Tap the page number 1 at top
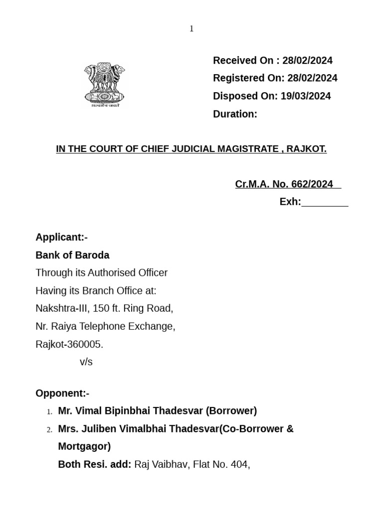191,29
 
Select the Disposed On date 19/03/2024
306,96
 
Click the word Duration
234,114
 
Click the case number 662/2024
312,184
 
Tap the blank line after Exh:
325,202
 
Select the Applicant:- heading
61,237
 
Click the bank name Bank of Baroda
72,255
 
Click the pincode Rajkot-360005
69,344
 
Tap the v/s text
86,362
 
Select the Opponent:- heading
62,393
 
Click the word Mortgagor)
84,446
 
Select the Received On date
307,61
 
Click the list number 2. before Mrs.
49,429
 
